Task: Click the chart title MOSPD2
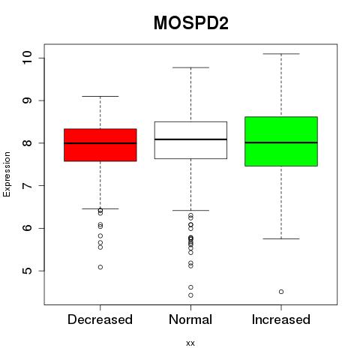191,23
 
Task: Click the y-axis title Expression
7,174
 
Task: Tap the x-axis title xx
190,343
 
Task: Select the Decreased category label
100,319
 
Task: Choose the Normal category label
190,319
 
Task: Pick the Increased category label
281,319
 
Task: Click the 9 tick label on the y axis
28,100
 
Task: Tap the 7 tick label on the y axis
28,186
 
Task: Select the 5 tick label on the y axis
28,271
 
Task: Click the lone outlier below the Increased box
281,292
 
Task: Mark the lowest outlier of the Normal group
190,295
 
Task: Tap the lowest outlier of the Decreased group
100,267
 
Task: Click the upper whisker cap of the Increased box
281,54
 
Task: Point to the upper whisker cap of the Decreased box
100,96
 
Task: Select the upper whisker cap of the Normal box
190,67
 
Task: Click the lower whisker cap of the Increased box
281,238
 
